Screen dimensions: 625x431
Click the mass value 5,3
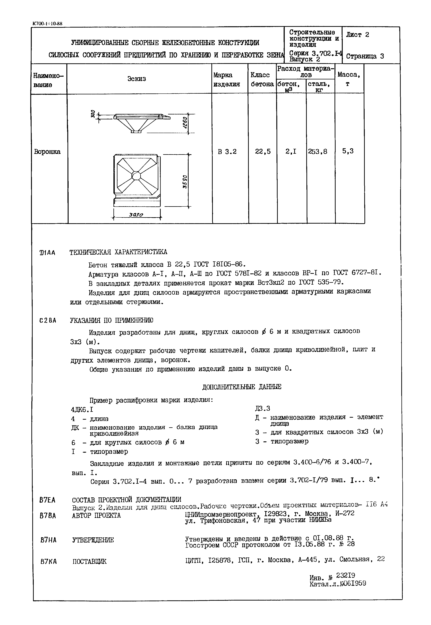pos(348,151)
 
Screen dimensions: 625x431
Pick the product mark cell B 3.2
pos(227,152)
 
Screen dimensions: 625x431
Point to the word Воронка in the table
pos(47,152)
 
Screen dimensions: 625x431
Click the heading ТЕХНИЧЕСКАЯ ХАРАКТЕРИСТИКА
pos(118,252)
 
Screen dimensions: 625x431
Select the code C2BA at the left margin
pos(48,321)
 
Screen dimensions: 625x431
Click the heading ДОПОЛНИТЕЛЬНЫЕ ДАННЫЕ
pos(241,387)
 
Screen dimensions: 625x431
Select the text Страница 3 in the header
pos(365,56)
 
